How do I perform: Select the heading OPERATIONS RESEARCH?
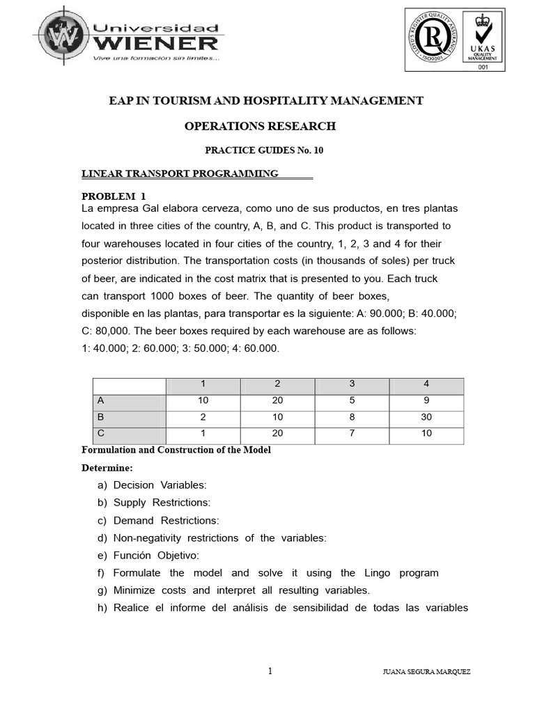(x=260, y=126)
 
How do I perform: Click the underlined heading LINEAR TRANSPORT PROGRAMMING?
(x=180, y=173)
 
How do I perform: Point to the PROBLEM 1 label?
(x=115, y=196)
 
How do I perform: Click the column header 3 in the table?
(x=352, y=384)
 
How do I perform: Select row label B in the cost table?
(x=101, y=416)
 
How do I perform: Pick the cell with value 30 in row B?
(x=426, y=416)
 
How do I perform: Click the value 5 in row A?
(x=352, y=400)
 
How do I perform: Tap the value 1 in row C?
(x=203, y=433)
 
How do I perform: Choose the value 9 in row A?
(x=426, y=400)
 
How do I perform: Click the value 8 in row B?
(x=352, y=416)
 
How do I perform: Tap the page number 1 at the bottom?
(x=270, y=671)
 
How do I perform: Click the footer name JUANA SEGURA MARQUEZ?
(x=426, y=672)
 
